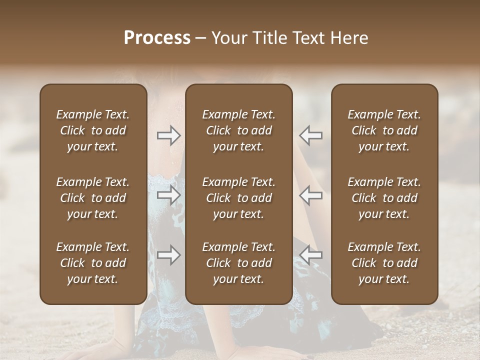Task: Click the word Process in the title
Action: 157,37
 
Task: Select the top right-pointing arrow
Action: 168,135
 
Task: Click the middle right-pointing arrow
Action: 168,195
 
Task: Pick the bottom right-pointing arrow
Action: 168,255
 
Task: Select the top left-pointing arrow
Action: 311,135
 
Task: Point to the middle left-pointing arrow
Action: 311,195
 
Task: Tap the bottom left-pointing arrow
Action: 311,255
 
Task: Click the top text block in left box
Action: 93,130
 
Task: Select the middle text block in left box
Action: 93,198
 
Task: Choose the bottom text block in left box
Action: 93,263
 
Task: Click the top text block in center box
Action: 238,130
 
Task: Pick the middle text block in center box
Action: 238,198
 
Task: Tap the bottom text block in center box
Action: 238,263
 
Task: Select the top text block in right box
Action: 384,130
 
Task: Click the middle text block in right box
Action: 384,198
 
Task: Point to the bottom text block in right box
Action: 384,263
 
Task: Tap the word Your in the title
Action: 228,37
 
